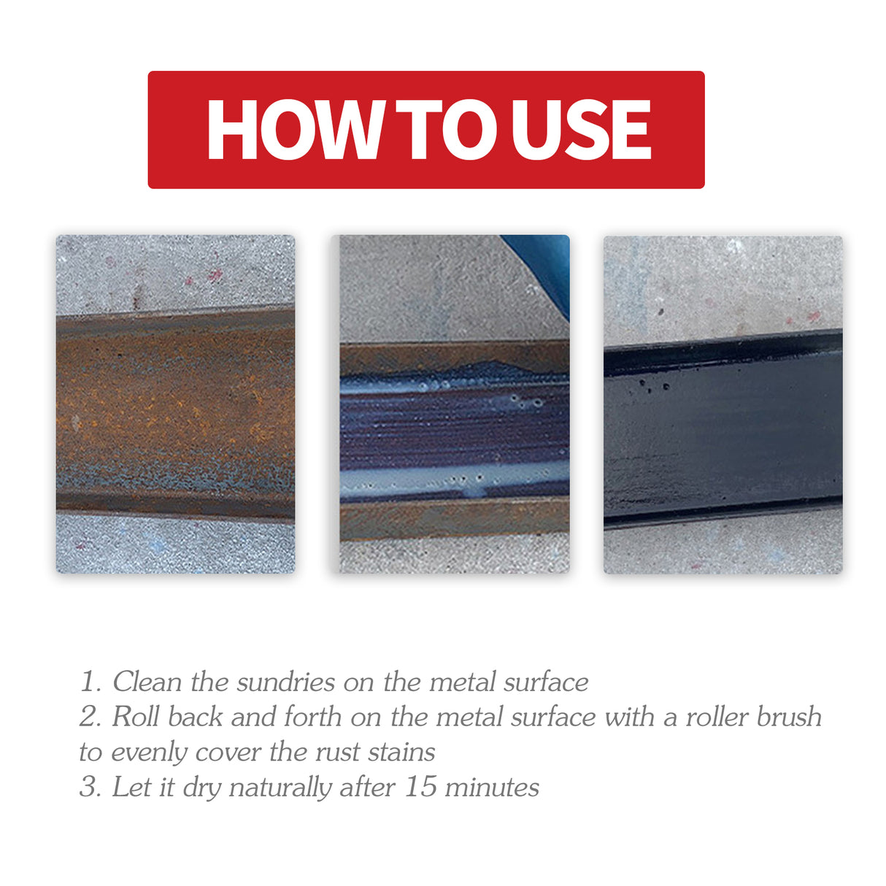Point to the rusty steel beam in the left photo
point(175,412)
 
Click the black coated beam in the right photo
point(723,431)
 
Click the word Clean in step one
point(147,682)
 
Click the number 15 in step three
point(420,787)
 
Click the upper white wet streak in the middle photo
point(409,385)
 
